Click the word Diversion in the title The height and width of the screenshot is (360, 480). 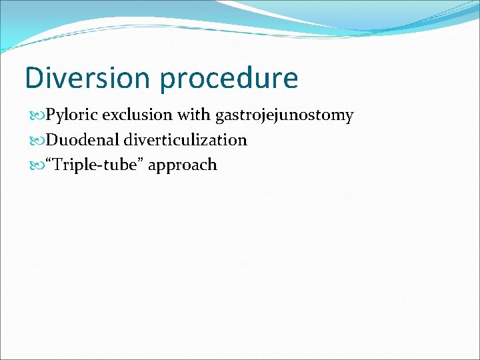88,78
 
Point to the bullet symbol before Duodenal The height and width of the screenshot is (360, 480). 36,141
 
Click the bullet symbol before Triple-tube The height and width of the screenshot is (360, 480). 36,165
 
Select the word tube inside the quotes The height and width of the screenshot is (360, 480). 113,165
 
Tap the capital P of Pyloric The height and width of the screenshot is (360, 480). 50,115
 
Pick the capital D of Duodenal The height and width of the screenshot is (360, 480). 51,140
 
